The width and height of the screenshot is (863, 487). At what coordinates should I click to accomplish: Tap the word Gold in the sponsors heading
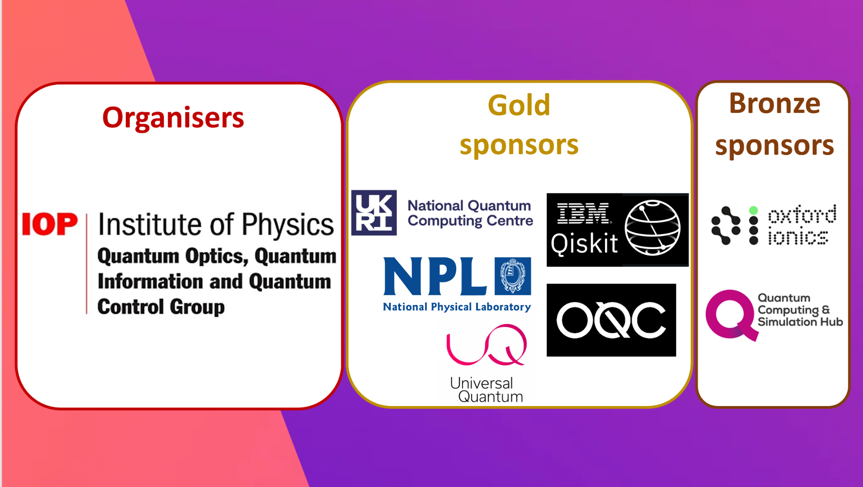pyautogui.click(x=519, y=105)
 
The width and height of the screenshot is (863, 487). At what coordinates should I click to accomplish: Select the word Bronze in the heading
pyautogui.click(x=774, y=103)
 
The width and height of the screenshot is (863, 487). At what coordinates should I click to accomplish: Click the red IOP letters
pyautogui.click(x=50, y=224)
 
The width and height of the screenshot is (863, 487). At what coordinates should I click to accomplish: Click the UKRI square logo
pyautogui.click(x=374, y=213)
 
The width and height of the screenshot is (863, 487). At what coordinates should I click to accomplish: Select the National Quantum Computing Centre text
pyautogui.click(x=470, y=214)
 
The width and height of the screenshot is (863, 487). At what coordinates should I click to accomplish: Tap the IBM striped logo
pyautogui.click(x=584, y=213)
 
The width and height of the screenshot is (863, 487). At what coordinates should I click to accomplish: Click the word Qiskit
pyautogui.click(x=584, y=244)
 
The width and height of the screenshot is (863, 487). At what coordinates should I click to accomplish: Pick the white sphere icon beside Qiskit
pyautogui.click(x=653, y=228)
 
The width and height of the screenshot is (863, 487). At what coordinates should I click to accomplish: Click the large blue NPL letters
pyautogui.click(x=435, y=276)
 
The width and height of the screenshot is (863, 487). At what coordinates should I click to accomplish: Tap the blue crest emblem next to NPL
pyautogui.click(x=513, y=276)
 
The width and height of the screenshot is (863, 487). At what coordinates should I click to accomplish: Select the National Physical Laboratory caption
pyautogui.click(x=457, y=307)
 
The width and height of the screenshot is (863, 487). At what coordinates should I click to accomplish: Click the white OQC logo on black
pyautogui.click(x=611, y=320)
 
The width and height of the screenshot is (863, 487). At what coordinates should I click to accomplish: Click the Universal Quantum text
pyautogui.click(x=486, y=390)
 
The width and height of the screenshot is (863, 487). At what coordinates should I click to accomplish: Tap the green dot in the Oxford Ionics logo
pyautogui.click(x=754, y=210)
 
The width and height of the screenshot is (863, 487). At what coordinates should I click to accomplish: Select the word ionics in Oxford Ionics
pyautogui.click(x=798, y=237)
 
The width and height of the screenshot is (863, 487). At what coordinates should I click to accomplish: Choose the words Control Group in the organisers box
pyautogui.click(x=161, y=307)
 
